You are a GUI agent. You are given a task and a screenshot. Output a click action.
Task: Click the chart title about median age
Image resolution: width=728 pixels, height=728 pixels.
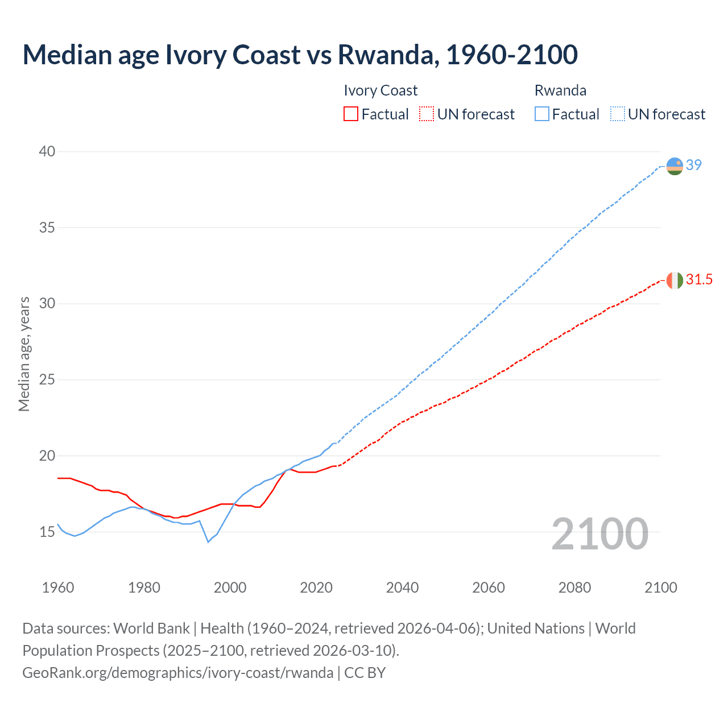(300, 55)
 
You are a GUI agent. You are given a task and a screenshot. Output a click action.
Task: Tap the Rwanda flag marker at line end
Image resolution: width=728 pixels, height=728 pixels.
(675, 166)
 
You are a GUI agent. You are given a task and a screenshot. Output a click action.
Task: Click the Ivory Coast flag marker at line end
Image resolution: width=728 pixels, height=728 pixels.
(675, 280)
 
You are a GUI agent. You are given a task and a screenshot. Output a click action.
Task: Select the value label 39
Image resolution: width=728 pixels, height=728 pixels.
(694, 165)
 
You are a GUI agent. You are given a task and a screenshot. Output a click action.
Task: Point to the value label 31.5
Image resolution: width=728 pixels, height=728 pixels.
(699, 279)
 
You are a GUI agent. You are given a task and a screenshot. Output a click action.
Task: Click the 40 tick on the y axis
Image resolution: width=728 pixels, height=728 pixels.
(47, 151)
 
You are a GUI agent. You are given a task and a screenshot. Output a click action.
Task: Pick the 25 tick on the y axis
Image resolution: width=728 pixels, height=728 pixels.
(47, 379)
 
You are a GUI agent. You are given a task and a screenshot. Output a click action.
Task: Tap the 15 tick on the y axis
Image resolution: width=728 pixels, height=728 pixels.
(47, 532)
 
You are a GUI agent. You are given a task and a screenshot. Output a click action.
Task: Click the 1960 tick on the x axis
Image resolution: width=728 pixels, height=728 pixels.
(58, 588)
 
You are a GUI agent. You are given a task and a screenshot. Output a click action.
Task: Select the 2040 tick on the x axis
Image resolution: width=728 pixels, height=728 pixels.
(402, 588)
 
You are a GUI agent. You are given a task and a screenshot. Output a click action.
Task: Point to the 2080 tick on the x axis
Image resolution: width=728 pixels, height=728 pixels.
(574, 588)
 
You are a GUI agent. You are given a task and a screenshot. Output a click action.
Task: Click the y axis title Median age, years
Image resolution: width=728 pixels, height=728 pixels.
(24, 354)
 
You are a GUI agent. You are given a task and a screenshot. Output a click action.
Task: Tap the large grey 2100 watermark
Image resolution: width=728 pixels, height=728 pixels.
(599, 533)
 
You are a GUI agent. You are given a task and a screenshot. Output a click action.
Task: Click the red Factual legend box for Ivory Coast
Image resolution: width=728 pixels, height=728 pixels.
(351, 114)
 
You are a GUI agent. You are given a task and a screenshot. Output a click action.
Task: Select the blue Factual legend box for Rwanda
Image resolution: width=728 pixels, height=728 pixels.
(541, 114)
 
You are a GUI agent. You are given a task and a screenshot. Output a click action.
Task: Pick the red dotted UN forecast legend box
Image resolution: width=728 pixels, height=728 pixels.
(427, 114)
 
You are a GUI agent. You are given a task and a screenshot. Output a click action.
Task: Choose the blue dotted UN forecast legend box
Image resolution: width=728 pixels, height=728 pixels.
(617, 114)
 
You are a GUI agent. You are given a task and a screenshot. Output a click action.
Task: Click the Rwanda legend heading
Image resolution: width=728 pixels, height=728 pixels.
(560, 90)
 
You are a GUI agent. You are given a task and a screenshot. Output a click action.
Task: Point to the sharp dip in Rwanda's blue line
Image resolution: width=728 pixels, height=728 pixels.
(208, 541)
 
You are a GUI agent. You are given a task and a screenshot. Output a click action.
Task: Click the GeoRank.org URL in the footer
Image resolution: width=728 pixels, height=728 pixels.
(178, 673)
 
